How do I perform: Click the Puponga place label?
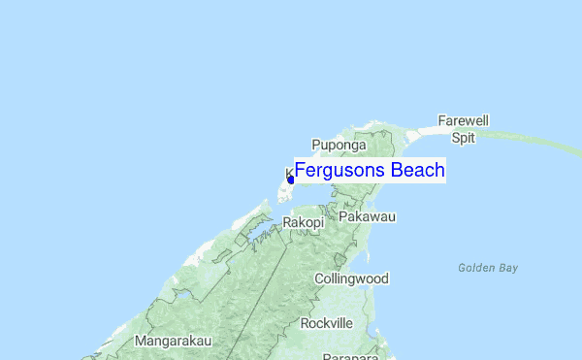click(339, 146)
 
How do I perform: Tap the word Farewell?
click(463, 121)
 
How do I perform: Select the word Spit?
click(463, 138)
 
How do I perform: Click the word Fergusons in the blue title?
click(339, 171)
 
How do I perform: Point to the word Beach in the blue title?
click(417, 171)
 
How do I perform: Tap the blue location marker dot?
click(291, 180)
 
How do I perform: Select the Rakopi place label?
click(302, 223)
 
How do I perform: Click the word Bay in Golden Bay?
click(508, 267)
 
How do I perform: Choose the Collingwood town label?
click(351, 279)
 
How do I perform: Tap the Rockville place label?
click(327, 322)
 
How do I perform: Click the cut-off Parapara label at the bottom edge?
click(350, 355)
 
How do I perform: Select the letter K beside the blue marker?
click(288, 173)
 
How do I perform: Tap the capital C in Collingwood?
click(319, 279)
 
